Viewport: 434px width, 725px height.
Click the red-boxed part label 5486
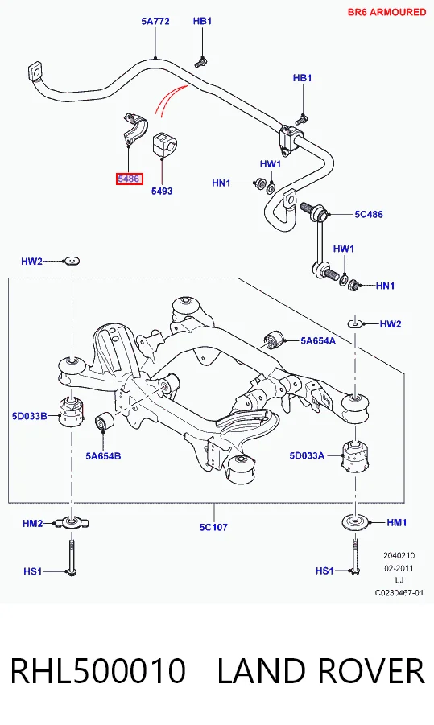point(129,179)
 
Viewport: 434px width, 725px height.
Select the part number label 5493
point(162,191)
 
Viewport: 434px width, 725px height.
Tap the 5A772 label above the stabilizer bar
point(155,21)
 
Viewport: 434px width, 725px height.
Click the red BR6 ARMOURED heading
point(386,12)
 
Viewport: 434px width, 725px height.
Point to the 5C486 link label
point(369,214)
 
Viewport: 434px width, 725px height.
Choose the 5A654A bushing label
point(318,340)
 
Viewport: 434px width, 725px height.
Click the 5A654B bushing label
point(103,456)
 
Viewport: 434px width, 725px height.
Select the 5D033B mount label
point(30,416)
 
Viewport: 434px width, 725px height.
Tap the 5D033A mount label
point(308,455)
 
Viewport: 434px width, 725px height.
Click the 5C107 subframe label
point(213,526)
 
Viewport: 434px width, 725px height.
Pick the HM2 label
point(32,523)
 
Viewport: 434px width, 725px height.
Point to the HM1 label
point(396,522)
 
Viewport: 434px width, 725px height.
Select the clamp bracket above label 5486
point(134,128)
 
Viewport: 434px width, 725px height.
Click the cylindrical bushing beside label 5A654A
point(275,340)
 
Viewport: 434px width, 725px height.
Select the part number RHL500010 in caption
point(97,671)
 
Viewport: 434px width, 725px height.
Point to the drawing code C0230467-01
point(399,593)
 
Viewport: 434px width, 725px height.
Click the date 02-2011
point(399,568)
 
